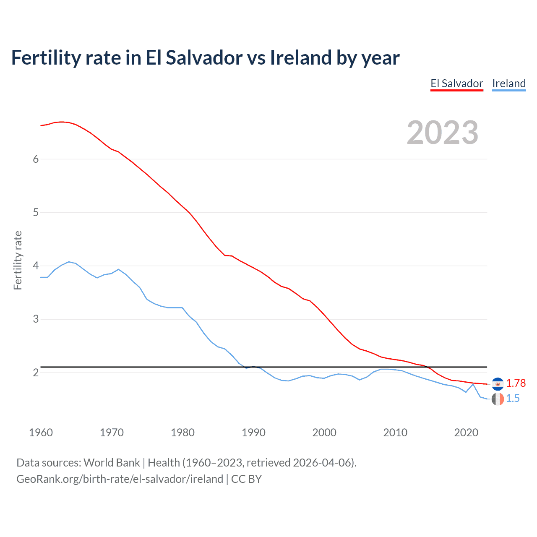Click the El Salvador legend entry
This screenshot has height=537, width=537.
(x=456, y=83)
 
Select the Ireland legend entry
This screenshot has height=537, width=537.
(x=508, y=83)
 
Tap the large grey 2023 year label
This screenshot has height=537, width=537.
(x=443, y=133)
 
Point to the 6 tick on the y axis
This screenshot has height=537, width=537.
(x=36, y=159)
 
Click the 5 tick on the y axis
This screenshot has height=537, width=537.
(x=36, y=212)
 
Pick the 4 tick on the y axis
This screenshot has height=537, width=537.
(x=36, y=266)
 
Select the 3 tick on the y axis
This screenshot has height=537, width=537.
(x=36, y=319)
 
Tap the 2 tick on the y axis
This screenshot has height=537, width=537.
(x=36, y=373)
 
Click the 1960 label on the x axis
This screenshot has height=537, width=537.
(x=41, y=433)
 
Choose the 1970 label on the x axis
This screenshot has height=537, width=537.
(x=112, y=433)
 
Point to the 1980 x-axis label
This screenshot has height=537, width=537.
(x=182, y=433)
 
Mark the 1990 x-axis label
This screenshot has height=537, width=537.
(x=253, y=433)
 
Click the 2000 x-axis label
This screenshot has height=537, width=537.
(x=324, y=433)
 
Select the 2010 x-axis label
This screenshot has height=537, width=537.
(x=395, y=433)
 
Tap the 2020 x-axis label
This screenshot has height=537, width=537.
(x=466, y=433)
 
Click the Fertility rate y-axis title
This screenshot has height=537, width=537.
(x=18, y=260)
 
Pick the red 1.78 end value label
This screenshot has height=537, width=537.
(x=516, y=383)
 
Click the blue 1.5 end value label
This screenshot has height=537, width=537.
(x=513, y=399)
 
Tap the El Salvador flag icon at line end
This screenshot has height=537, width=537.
(x=498, y=384)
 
